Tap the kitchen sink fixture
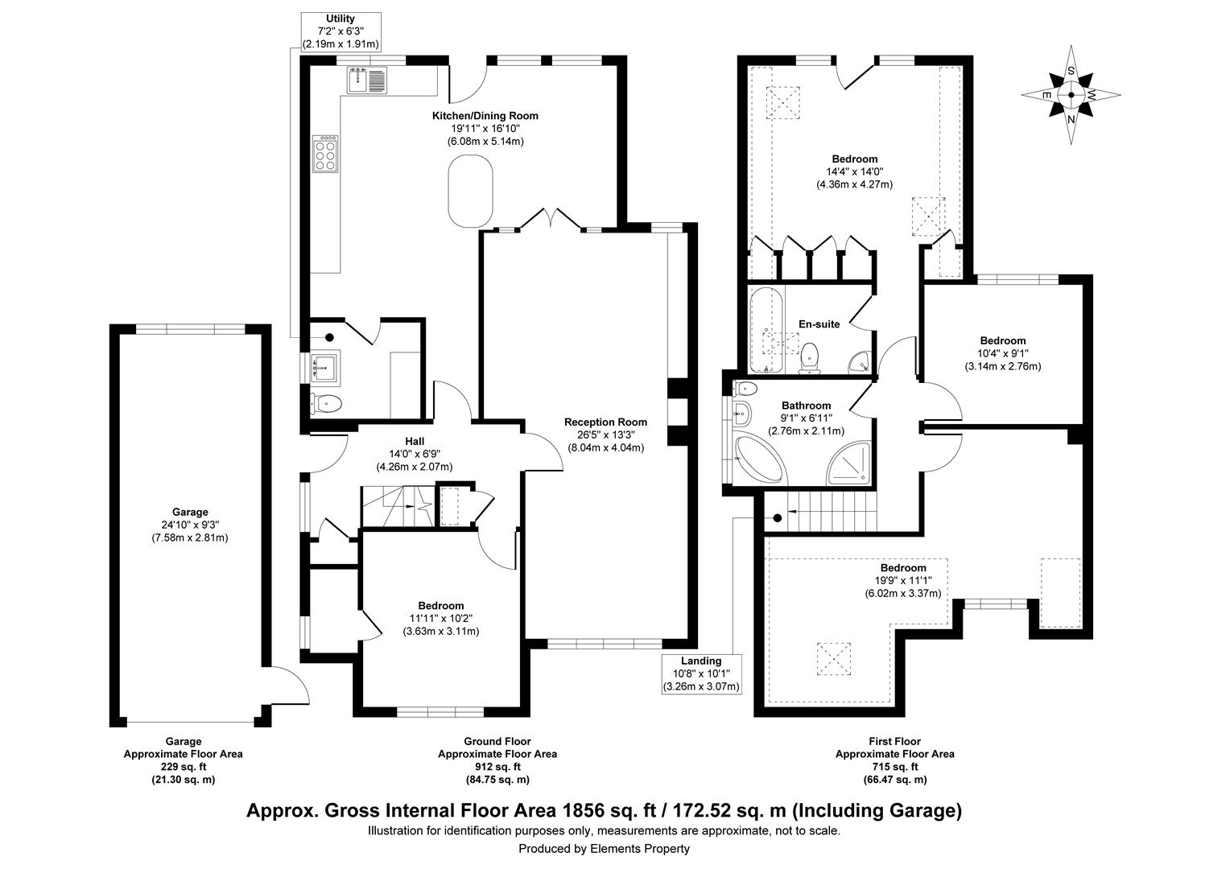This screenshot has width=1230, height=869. point(367,80)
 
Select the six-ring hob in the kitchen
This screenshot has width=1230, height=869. point(325,152)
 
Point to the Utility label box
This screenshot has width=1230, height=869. point(341,31)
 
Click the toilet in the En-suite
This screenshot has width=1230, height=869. point(809,357)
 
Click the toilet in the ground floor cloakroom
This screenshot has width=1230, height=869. point(327,403)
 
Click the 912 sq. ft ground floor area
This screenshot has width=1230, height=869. point(497,767)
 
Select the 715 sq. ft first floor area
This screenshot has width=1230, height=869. point(894,767)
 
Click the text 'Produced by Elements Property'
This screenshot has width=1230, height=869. point(604,848)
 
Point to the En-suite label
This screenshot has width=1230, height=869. point(819,324)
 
